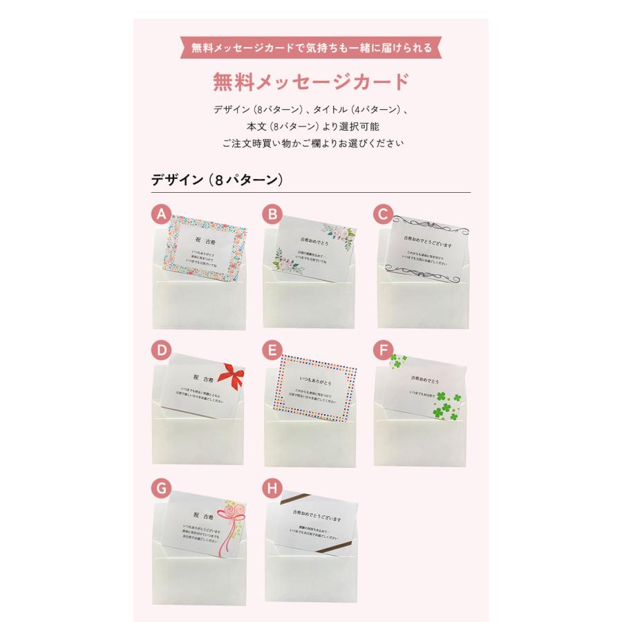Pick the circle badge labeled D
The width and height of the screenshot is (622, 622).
[161, 350]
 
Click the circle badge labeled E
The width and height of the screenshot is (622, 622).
[272, 350]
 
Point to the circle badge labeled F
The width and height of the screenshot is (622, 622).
[382, 350]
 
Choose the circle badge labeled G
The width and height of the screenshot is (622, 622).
[161, 489]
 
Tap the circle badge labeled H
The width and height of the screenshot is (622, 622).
[272, 489]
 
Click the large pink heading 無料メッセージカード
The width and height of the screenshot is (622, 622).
[311, 82]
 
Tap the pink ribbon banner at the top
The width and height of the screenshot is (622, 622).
[311, 48]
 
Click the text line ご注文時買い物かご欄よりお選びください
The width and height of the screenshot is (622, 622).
[311, 144]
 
